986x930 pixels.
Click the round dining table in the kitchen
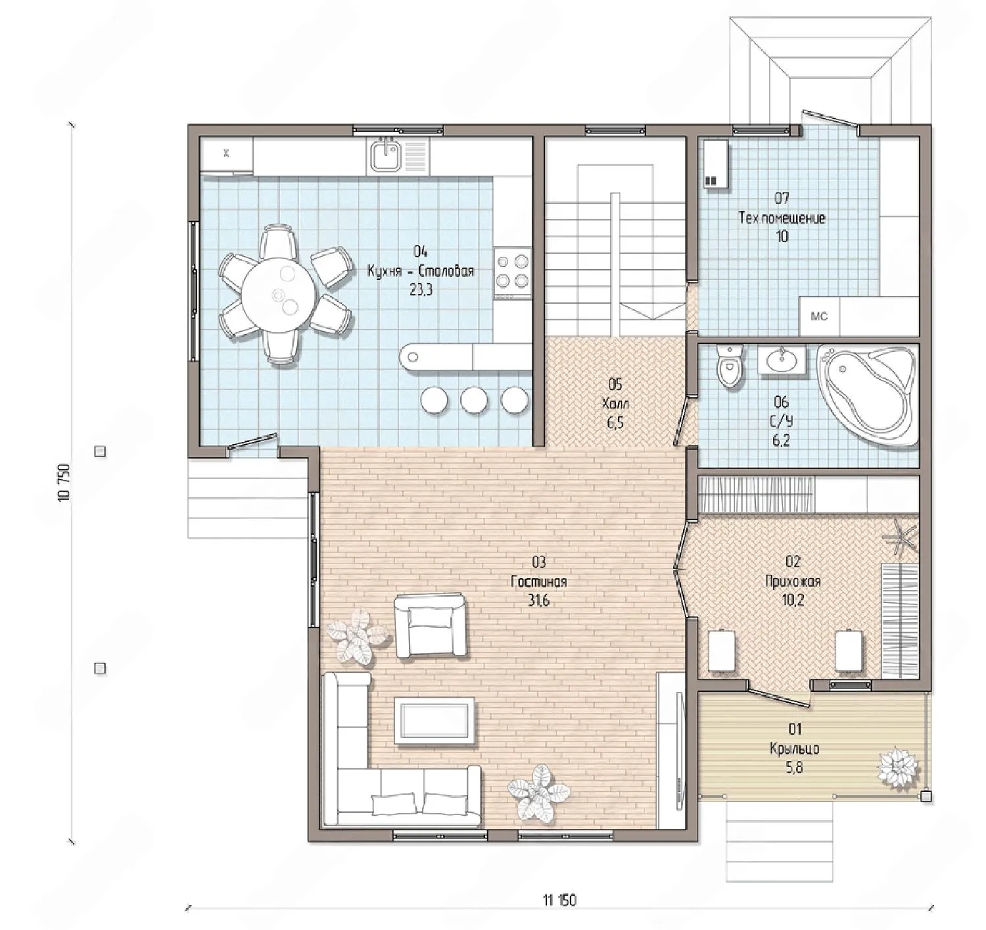279,295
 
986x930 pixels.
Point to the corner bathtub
867,395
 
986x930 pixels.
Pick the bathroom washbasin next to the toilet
782,358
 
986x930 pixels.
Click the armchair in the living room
431,625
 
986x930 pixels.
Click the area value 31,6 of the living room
538,601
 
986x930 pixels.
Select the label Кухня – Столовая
421,271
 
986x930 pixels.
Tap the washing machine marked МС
819,316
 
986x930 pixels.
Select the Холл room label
615,403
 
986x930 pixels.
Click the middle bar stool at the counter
474,401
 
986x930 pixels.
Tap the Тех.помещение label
782,218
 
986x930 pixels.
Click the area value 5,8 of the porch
794,769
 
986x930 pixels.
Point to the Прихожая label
793,581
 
